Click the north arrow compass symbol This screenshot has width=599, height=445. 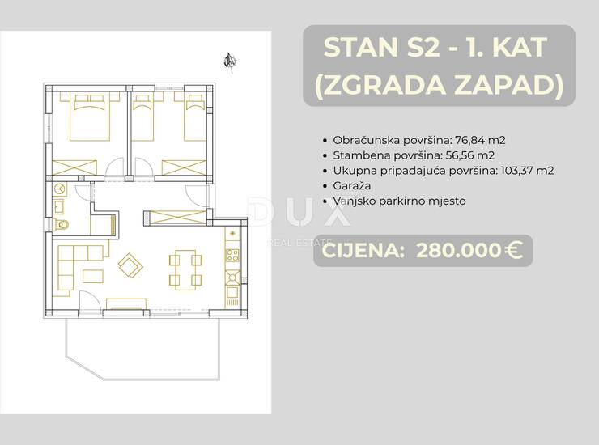pos(231,61)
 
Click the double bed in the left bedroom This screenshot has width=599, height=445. pos(90,117)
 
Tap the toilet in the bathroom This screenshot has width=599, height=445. pos(61,224)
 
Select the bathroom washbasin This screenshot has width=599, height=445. pos(59,207)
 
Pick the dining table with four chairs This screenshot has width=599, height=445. pos(185,269)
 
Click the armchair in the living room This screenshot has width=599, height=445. pos(130,265)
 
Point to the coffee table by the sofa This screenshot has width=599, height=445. pos(93,277)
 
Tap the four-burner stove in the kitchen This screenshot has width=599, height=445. pos(232,255)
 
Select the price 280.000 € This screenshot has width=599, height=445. pos(469,251)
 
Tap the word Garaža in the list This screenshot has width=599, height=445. pos(352,186)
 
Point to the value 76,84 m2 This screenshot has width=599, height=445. pos(481,140)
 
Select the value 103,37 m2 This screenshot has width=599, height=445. pos(528,171)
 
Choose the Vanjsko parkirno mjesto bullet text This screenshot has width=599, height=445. pos(399,201)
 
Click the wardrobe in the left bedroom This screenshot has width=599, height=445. pos(74,167)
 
